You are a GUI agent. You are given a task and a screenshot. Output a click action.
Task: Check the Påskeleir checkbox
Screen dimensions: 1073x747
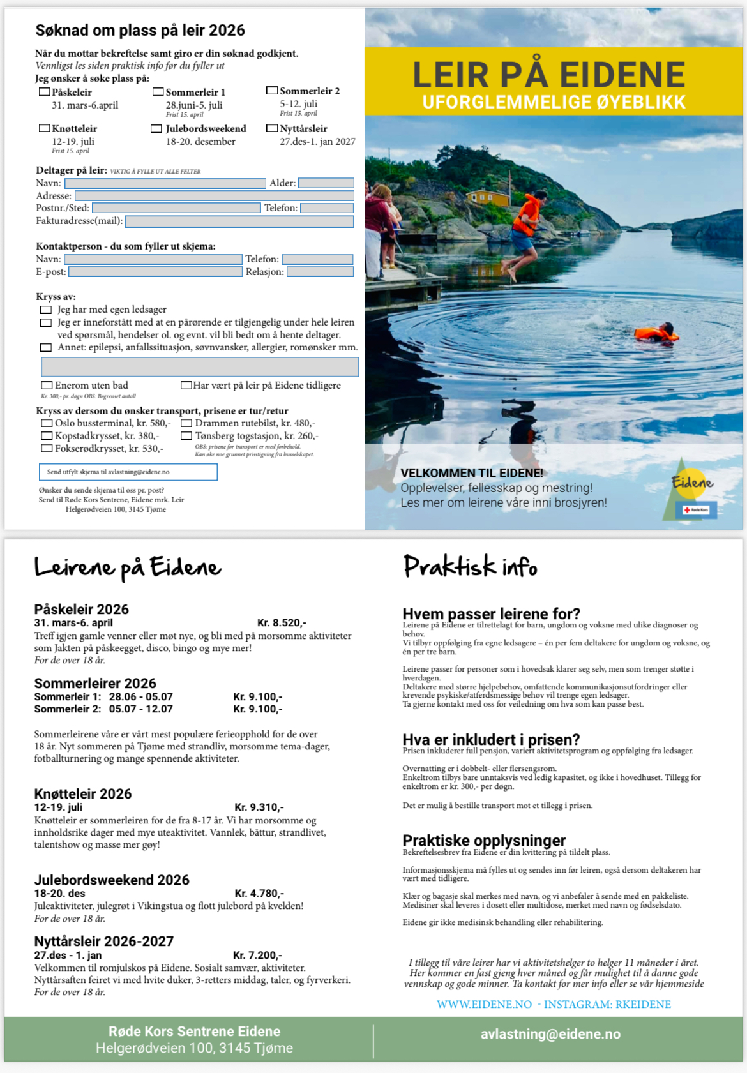[45, 92]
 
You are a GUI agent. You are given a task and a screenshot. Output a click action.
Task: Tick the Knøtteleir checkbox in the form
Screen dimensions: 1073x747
[45, 128]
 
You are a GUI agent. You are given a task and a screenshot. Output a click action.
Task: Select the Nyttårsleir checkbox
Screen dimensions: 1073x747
[272, 128]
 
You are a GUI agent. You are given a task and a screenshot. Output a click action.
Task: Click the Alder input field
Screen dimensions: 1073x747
[326, 183]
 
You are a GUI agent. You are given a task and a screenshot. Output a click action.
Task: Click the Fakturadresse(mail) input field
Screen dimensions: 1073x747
[239, 221]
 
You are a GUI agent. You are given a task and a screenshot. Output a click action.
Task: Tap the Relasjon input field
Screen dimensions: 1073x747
[320, 272]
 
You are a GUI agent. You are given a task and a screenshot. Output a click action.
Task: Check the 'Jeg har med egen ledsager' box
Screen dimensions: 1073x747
[46, 310]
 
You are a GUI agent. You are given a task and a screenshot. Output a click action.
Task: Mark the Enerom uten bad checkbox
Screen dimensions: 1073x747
[47, 386]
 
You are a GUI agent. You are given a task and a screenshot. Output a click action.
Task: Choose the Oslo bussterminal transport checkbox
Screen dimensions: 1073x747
[47, 423]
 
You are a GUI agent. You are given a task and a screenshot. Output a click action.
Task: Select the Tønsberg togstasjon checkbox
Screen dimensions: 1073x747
[186, 436]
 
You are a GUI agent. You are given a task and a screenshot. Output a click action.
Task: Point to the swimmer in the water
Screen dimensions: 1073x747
[658, 333]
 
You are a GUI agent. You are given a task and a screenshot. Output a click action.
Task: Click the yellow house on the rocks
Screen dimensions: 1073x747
[488, 197]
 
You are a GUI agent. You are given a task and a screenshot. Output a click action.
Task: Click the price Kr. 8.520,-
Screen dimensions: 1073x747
[282, 623]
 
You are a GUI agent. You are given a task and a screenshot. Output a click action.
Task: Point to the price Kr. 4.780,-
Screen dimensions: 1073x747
[259, 894]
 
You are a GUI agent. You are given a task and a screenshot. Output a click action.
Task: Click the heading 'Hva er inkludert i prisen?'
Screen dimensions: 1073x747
[491, 740]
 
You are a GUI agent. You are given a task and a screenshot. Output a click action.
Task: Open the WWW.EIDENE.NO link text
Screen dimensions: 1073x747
[484, 1005]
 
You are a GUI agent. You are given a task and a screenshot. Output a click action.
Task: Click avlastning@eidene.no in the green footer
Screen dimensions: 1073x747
[550, 1034]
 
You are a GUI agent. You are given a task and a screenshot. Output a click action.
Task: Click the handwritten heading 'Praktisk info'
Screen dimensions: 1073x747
[471, 567]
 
